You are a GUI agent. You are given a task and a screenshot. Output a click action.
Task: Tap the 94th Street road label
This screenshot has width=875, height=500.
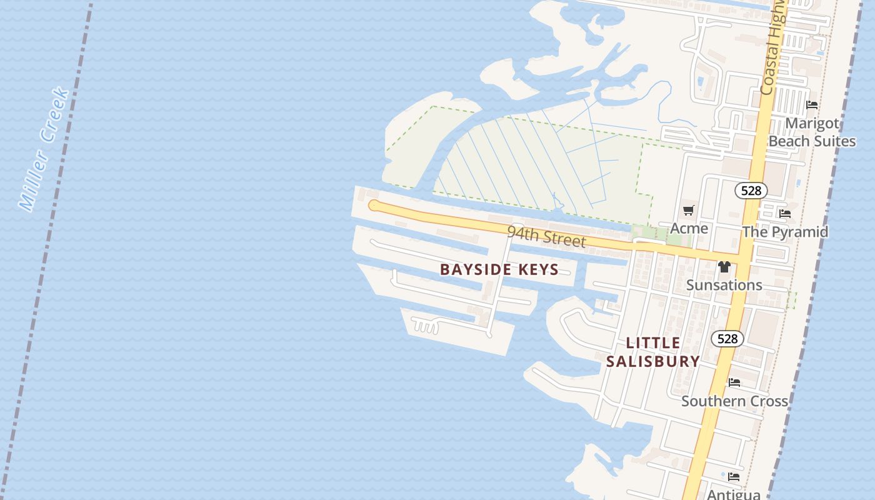pos(546,237)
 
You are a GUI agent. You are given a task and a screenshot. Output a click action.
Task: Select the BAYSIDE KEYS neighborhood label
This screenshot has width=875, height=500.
pos(499,270)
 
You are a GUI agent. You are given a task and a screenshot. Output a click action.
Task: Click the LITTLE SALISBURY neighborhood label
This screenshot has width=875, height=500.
pos(653,352)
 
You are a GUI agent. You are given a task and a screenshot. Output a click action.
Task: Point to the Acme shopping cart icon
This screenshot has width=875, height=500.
pos(689,211)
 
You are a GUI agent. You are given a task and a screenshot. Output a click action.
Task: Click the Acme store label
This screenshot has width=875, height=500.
pos(689,228)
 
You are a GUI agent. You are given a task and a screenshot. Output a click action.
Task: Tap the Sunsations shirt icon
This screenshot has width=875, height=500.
pos(724,267)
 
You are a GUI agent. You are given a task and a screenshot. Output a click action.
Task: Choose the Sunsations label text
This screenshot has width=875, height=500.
pos(724,285)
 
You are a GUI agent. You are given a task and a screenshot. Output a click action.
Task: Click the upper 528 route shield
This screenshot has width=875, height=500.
pos(751,191)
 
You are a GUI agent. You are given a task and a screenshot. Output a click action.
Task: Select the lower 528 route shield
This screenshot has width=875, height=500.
pos(727,339)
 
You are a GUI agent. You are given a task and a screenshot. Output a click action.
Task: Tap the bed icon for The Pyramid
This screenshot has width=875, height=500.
pos(785,214)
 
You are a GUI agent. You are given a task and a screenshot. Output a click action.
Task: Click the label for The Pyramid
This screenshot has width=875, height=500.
pos(785,232)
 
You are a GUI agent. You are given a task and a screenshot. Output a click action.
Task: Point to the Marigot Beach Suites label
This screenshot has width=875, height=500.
pos(812,132)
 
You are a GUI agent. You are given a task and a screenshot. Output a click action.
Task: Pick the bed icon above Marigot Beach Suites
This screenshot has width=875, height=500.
pos(812,105)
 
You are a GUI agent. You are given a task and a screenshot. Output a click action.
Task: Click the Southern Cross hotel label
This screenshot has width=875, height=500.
pos(734,401)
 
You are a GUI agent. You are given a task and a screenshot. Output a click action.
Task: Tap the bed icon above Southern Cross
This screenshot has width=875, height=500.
pos(734,382)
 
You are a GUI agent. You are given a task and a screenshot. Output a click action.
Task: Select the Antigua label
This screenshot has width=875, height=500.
pos(734,494)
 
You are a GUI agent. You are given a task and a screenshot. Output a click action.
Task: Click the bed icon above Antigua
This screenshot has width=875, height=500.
pos(734,477)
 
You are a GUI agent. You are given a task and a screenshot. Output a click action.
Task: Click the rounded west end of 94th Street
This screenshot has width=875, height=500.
pos(374,206)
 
